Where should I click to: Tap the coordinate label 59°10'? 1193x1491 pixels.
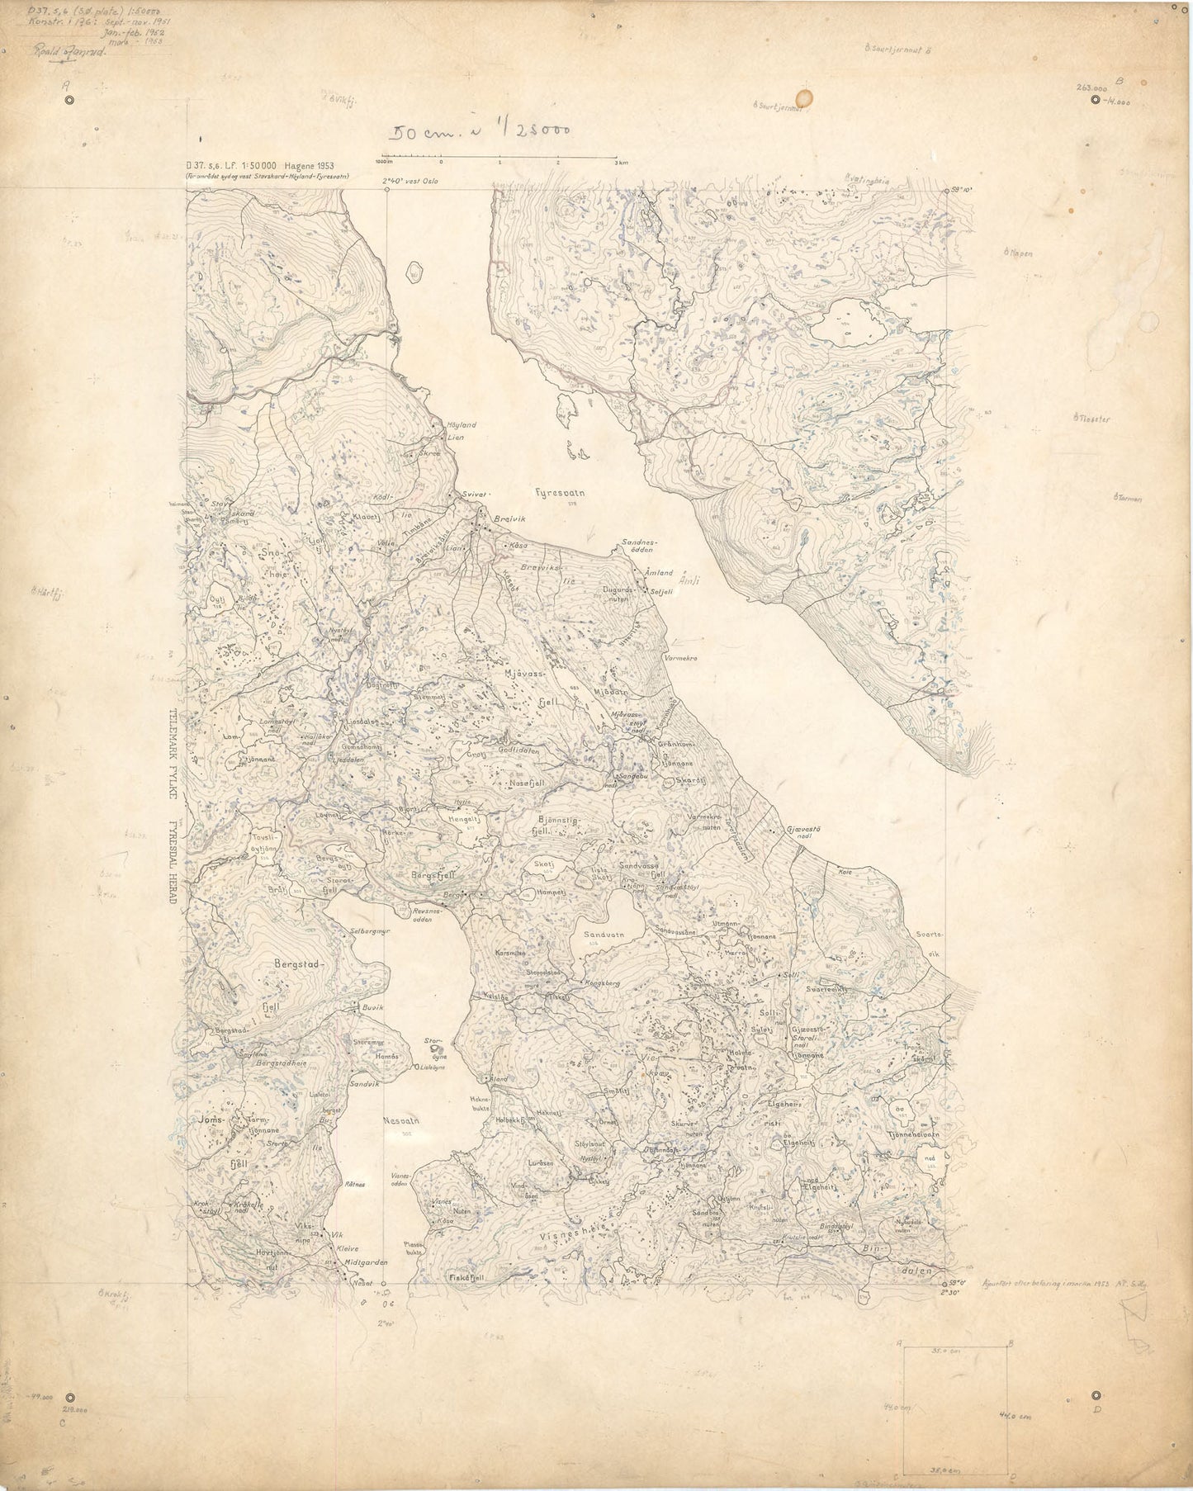tap(960, 190)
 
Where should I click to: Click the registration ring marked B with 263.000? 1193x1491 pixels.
tap(1095, 100)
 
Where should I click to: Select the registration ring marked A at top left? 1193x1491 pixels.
tap(69, 100)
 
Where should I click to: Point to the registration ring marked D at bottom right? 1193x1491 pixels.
tap(1096, 1395)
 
